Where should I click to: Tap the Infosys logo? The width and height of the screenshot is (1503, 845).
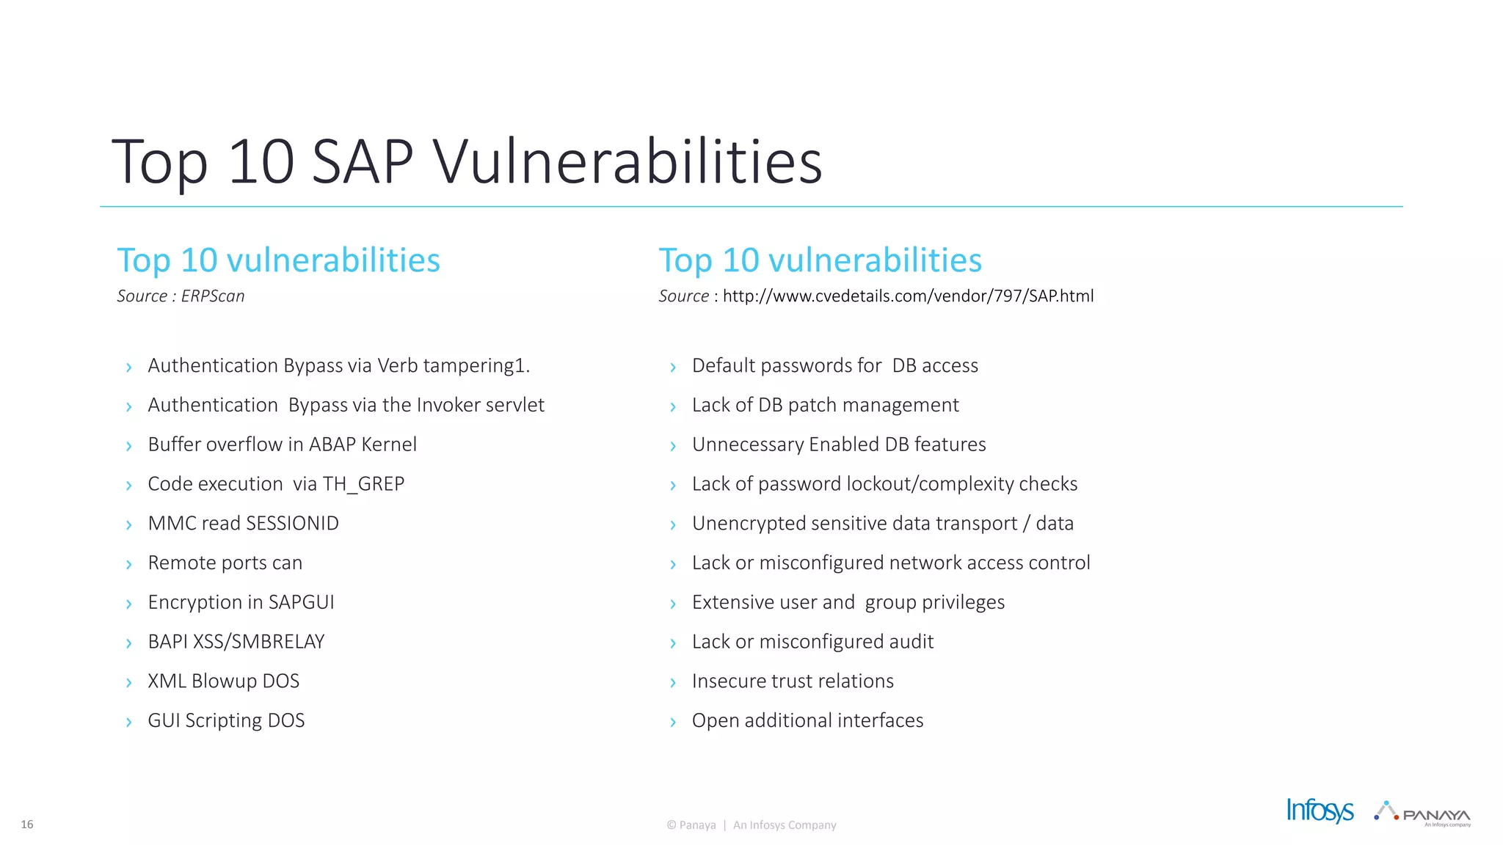[x=1320, y=811]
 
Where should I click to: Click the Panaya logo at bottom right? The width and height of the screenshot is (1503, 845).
[x=1424, y=813]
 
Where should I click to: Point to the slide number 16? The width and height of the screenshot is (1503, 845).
[x=27, y=824]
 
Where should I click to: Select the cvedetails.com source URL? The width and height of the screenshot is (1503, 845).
[x=908, y=296]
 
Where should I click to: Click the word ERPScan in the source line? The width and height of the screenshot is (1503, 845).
[x=213, y=296]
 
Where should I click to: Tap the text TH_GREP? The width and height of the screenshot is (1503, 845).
[x=363, y=484]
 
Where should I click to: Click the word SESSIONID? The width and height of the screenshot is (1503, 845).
[x=292, y=524]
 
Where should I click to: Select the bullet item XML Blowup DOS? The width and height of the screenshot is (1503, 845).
[x=223, y=681]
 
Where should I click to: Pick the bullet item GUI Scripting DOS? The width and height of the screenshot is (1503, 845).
[x=226, y=721]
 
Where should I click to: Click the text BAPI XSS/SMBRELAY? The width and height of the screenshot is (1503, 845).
[x=236, y=642]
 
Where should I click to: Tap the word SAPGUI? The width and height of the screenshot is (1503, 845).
[x=301, y=602]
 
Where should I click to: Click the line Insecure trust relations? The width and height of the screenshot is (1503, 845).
[x=793, y=681]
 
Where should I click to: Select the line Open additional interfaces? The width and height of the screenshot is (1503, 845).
[x=807, y=721]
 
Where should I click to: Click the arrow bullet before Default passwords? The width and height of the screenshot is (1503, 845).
[x=673, y=367]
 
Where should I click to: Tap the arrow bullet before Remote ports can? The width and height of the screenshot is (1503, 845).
[x=129, y=564]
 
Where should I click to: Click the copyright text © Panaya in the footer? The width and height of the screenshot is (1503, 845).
[x=691, y=825]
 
